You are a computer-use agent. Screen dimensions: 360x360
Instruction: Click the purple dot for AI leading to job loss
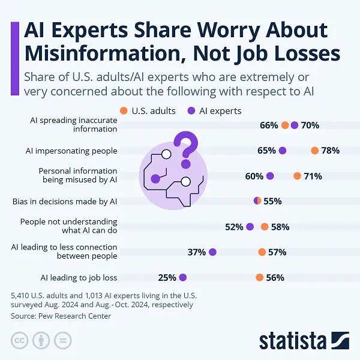click(183, 277)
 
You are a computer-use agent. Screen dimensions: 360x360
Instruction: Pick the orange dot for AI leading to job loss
click(259, 277)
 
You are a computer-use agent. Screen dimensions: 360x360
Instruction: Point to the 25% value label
click(167, 277)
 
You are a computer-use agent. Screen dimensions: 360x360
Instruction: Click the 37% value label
click(196, 252)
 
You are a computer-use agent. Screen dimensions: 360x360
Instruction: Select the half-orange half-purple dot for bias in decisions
click(257, 201)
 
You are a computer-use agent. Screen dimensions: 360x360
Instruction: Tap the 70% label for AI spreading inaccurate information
click(310, 125)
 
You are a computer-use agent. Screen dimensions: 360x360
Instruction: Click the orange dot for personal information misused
click(297, 176)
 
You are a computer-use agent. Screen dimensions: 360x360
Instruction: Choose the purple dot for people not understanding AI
click(250, 227)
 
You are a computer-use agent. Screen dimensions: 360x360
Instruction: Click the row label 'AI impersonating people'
click(71, 151)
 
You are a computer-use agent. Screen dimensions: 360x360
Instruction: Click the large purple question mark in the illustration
click(185, 149)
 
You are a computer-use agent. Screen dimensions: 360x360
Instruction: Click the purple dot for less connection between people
click(212, 252)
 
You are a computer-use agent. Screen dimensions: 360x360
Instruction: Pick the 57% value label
click(277, 252)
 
